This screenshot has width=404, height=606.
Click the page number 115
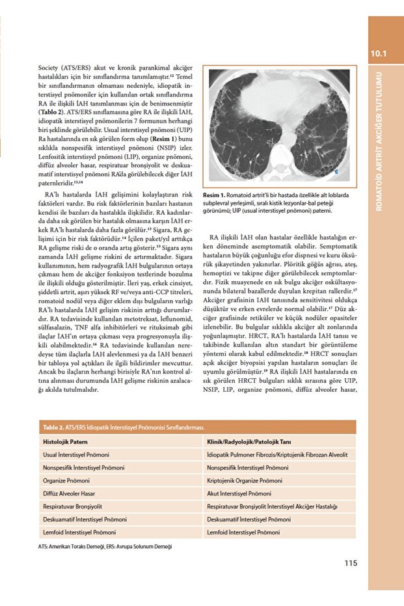tap(351, 564)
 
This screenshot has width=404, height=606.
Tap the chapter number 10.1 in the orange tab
tap(379, 54)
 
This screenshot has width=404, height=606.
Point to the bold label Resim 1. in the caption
tap(214, 195)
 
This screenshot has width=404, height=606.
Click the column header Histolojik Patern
tap(66, 441)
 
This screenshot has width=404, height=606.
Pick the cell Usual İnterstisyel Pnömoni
tap(76, 454)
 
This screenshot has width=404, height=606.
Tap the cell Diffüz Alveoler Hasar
tap(69, 493)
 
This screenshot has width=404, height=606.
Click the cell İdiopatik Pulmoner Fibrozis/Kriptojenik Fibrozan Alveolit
tap(276, 454)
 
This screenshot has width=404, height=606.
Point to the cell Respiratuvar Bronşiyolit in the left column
tap(72, 506)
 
